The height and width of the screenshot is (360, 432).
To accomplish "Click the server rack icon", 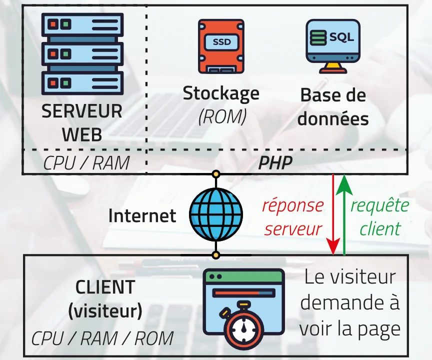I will [x=82, y=53].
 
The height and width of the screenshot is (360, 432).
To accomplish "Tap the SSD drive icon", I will [x=221, y=46].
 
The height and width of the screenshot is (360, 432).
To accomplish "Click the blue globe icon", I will [x=215, y=214].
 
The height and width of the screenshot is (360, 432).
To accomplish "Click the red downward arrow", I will [x=332, y=215].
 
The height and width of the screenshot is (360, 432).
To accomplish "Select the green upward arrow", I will [x=344, y=215].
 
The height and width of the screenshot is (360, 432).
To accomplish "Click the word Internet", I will [x=142, y=215].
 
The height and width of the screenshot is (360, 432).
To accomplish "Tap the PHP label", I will [x=275, y=163].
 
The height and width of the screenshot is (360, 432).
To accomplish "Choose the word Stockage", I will [x=221, y=93].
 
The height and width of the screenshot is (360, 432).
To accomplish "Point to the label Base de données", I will [x=333, y=107].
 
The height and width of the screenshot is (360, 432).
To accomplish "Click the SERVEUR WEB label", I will [x=82, y=123].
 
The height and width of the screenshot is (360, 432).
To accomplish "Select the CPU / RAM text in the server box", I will [x=86, y=163].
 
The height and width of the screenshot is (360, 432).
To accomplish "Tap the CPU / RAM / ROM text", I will [x=102, y=338].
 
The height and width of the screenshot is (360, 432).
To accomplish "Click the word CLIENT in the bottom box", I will [x=105, y=287].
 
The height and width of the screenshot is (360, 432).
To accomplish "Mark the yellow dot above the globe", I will [x=215, y=174].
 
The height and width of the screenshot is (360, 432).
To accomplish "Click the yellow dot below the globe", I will [x=215, y=255].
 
